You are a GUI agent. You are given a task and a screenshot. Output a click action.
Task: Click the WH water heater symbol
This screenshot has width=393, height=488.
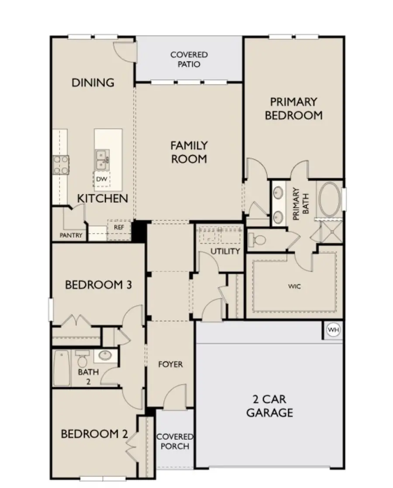[x=333, y=330]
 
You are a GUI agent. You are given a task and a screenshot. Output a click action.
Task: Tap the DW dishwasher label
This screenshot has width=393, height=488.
[x=101, y=179]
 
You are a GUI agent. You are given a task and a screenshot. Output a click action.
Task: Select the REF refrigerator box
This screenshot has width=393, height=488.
[x=119, y=227]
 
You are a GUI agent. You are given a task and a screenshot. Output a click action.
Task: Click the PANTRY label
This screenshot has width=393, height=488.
[x=71, y=235]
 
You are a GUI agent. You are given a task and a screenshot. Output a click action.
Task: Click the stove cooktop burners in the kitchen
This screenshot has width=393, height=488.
[x=61, y=165]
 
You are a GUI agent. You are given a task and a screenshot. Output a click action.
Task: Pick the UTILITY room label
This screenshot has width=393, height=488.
[x=225, y=251]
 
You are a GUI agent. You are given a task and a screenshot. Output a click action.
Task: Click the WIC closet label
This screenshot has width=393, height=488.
[x=294, y=287]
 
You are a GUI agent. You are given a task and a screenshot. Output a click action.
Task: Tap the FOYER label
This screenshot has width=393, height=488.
[x=170, y=364]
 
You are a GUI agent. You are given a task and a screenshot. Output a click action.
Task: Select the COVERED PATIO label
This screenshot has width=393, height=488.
[x=189, y=59]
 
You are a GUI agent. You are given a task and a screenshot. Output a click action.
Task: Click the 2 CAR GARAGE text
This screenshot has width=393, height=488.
[x=269, y=406]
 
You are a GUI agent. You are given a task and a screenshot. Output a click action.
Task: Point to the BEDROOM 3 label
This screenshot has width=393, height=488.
[x=98, y=285]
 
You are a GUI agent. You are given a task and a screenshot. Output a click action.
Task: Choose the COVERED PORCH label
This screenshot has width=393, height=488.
[x=175, y=441]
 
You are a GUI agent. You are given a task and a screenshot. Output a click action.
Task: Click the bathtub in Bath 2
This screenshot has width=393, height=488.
[x=62, y=369]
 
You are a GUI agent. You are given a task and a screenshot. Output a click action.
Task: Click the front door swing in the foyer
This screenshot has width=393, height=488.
[x=177, y=396]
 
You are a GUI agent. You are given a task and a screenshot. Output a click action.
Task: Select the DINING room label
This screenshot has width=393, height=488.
[x=93, y=82]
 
